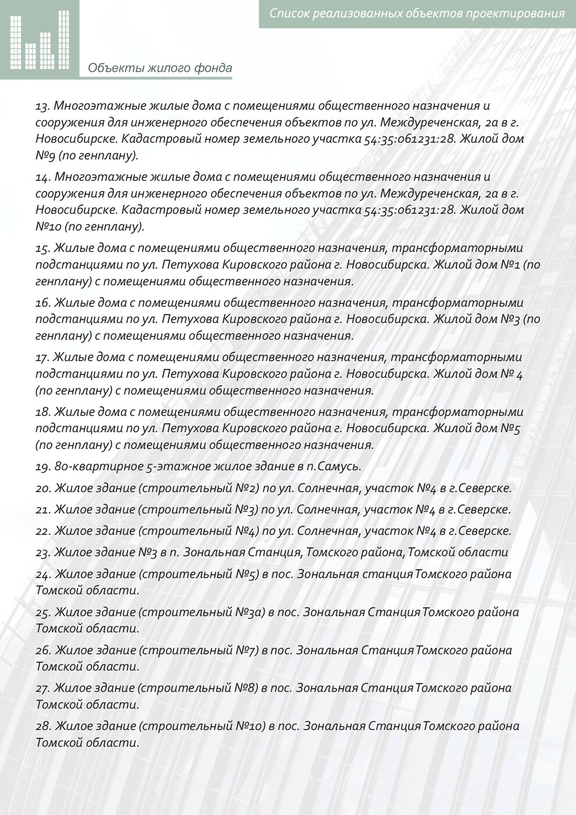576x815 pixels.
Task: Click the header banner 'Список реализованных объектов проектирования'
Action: tap(417, 13)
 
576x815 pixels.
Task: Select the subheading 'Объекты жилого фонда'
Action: tap(160, 68)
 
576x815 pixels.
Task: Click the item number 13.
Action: tap(43, 106)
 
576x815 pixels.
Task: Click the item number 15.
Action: tap(43, 248)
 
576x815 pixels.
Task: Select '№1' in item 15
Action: tap(510, 265)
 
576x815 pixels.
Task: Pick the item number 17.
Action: tap(43, 357)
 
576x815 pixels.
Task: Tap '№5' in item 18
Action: tap(510, 428)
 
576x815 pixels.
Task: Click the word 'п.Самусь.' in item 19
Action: tap(334, 467)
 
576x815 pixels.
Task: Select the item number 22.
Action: tap(43, 531)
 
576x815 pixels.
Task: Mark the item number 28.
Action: tap(43, 726)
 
